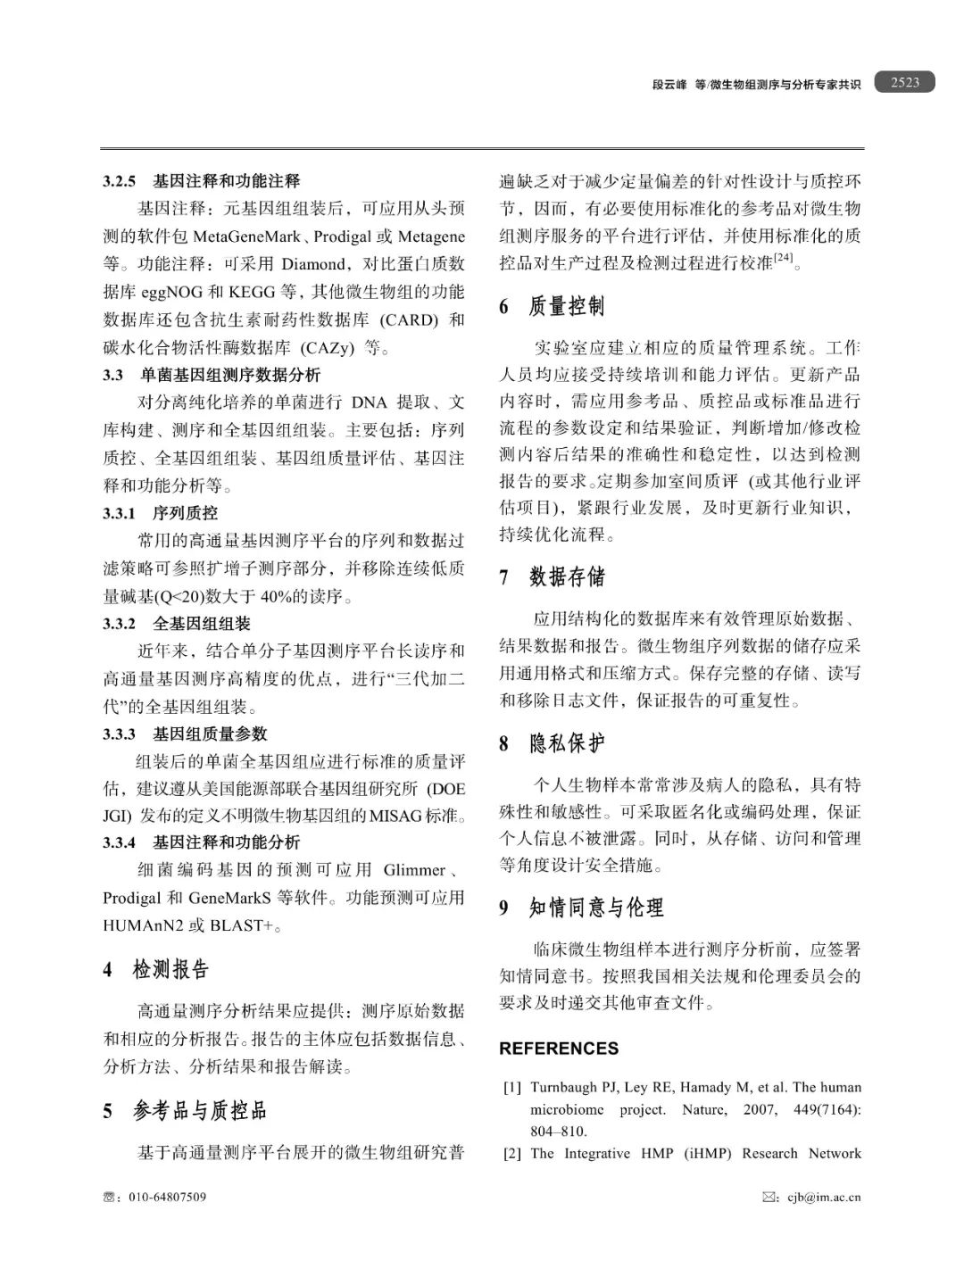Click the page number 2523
point(904,82)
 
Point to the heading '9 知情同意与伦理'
point(581,908)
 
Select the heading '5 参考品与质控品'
point(185,1110)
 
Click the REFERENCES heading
point(559,1049)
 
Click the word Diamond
point(312,264)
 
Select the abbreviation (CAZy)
point(328,347)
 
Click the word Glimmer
point(414,870)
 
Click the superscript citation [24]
point(784,259)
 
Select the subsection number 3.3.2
point(119,624)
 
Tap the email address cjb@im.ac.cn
point(823,1197)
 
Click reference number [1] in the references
point(512,1087)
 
